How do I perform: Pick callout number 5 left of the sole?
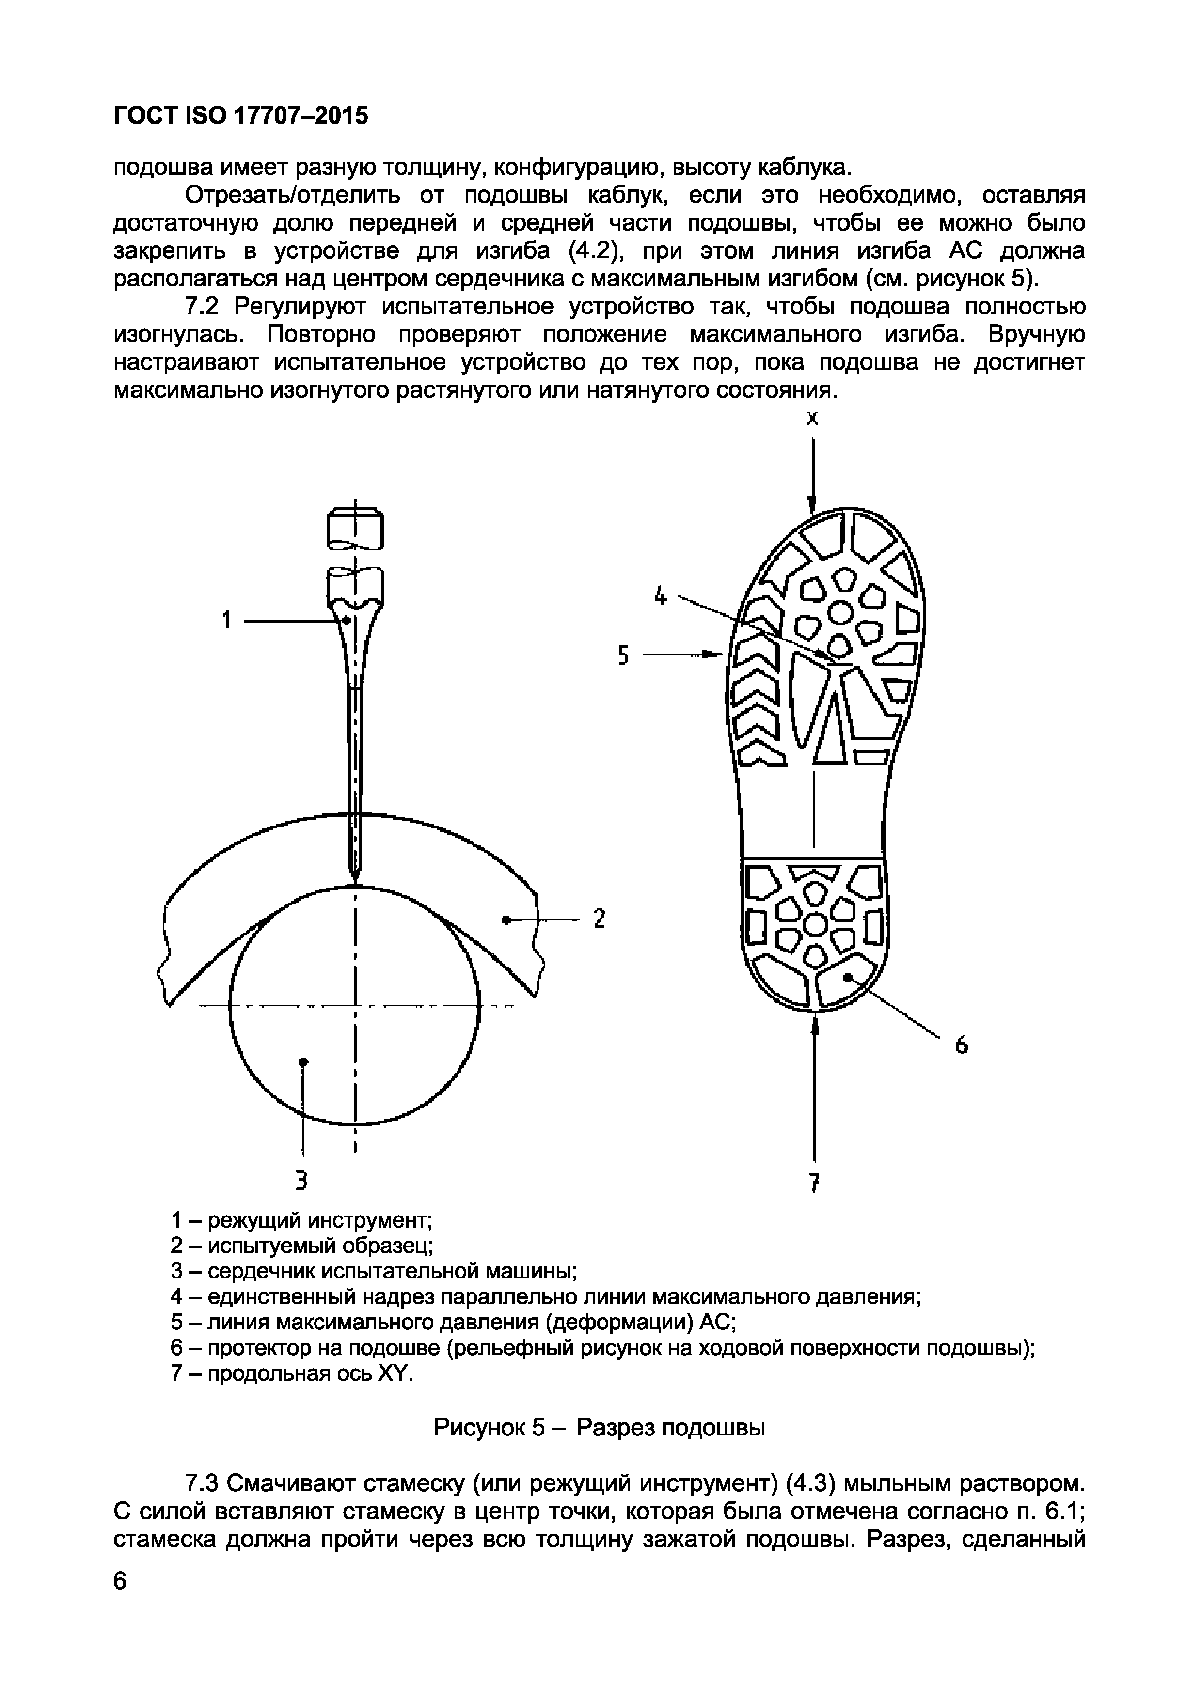coord(623,655)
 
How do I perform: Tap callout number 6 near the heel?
coord(962,1045)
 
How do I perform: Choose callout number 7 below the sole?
coord(814,1183)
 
